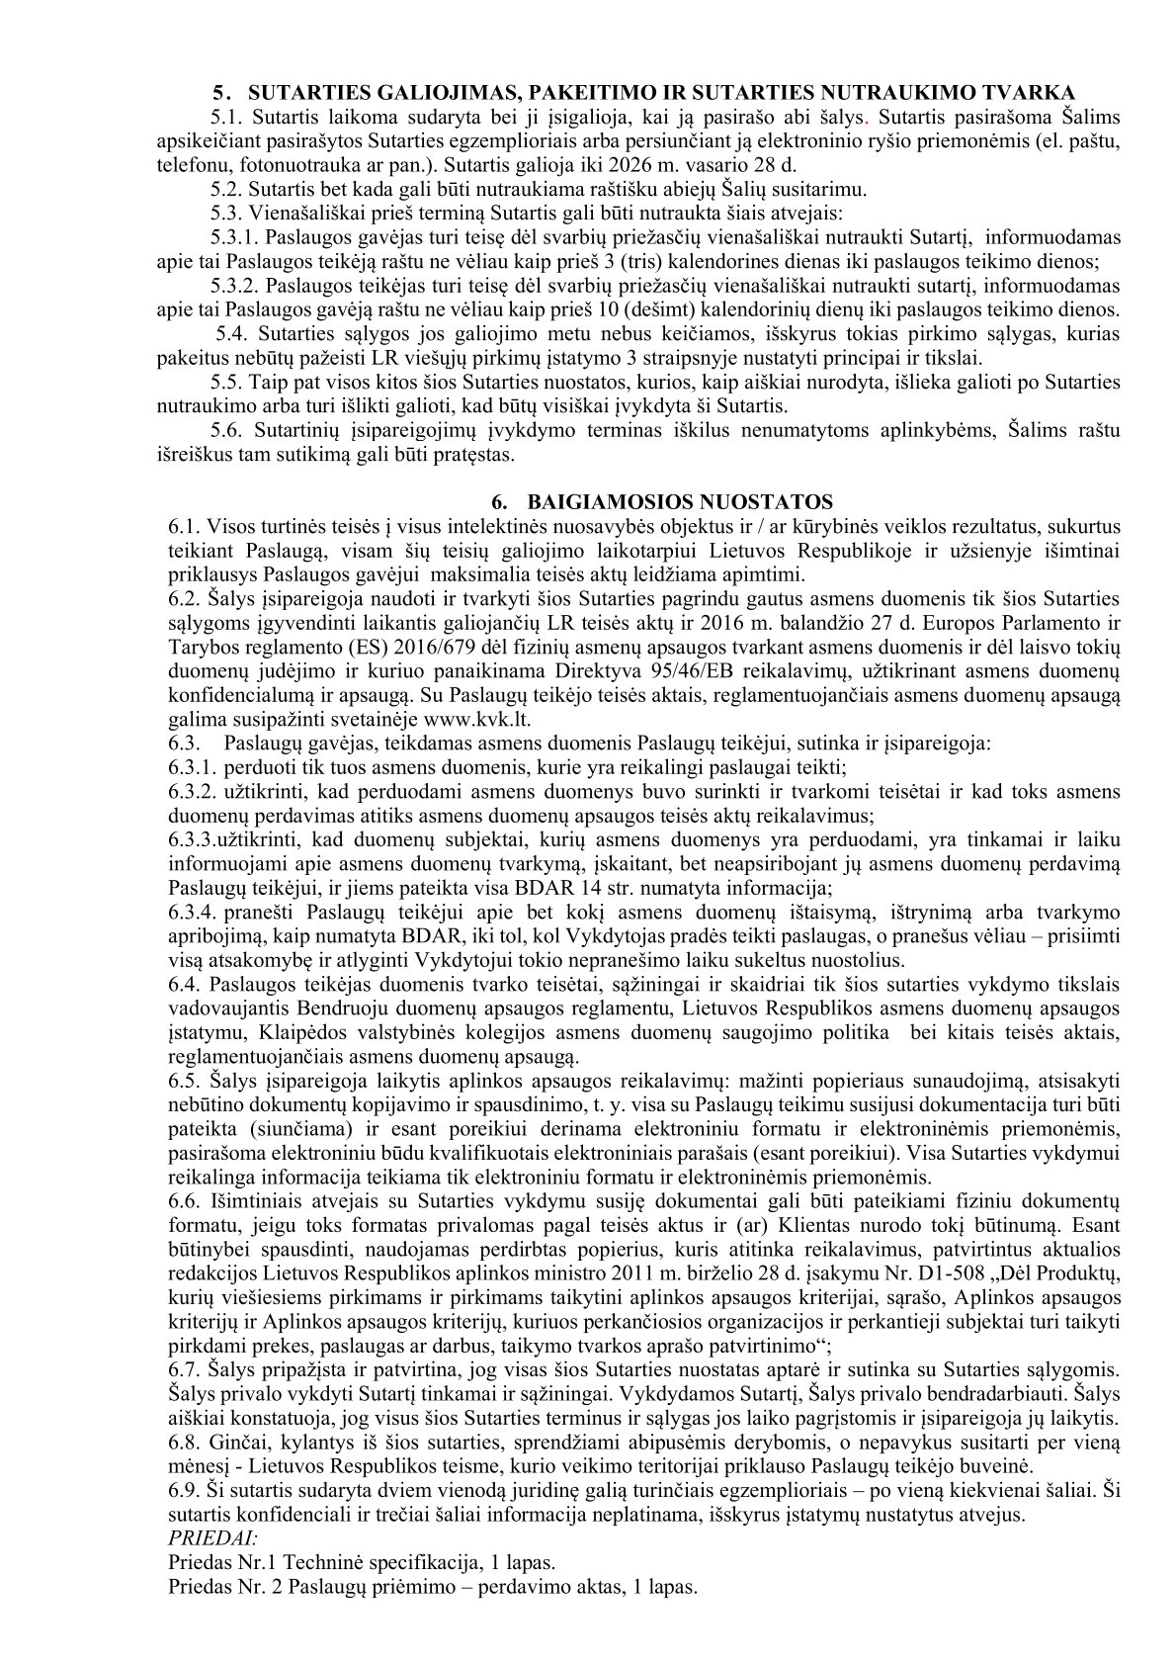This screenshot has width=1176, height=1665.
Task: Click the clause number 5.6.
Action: coord(226,431)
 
